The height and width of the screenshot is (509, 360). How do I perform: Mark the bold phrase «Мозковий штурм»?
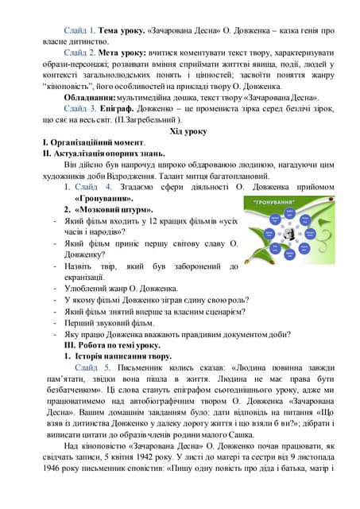(x=111, y=209)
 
